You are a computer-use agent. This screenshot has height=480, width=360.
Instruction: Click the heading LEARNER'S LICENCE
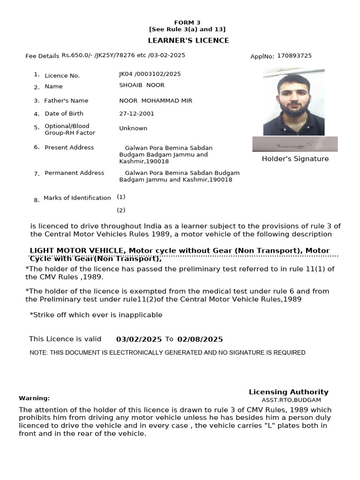click(188, 40)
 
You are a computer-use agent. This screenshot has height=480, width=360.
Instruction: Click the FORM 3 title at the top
click(187, 22)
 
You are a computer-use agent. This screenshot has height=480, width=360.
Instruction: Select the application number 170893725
click(294, 56)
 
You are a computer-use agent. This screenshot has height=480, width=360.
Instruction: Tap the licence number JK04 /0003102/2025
click(150, 74)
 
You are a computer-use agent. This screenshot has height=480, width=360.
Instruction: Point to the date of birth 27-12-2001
click(136, 113)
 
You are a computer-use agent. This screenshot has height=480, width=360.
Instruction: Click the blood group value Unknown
click(133, 128)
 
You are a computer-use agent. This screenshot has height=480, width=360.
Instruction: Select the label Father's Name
click(66, 101)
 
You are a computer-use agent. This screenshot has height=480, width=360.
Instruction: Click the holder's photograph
click(293, 102)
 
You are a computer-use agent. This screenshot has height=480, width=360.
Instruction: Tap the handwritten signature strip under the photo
click(294, 144)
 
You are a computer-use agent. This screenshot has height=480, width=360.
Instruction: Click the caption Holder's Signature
click(295, 159)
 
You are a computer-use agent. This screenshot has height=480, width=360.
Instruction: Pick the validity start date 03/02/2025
click(139, 339)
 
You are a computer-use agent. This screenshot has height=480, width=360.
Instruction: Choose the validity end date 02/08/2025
click(200, 339)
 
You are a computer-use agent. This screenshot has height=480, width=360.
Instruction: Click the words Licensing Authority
click(288, 392)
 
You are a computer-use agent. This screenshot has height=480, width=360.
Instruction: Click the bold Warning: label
click(34, 398)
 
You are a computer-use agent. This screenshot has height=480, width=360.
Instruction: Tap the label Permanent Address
click(74, 173)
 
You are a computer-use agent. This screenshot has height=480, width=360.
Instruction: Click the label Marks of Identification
click(77, 198)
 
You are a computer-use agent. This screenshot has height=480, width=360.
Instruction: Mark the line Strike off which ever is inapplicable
click(96, 315)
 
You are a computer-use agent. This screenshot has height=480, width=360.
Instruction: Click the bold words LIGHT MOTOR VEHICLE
click(77, 251)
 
